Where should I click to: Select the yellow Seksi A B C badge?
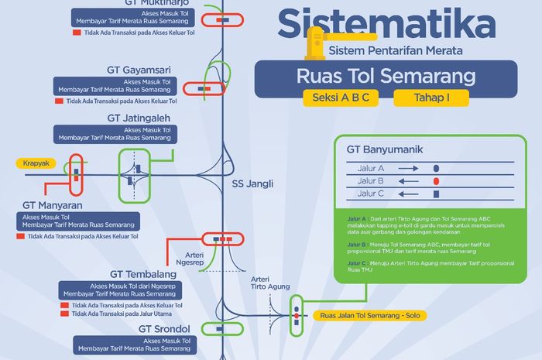(341, 98)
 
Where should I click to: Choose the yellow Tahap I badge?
(431, 98)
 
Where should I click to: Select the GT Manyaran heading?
(53, 205)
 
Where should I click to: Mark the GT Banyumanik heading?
(384, 149)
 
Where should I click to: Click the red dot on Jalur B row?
(436, 180)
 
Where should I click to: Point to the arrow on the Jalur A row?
(410, 167)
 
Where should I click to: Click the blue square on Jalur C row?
(436, 194)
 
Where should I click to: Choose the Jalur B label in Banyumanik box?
(371, 180)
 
